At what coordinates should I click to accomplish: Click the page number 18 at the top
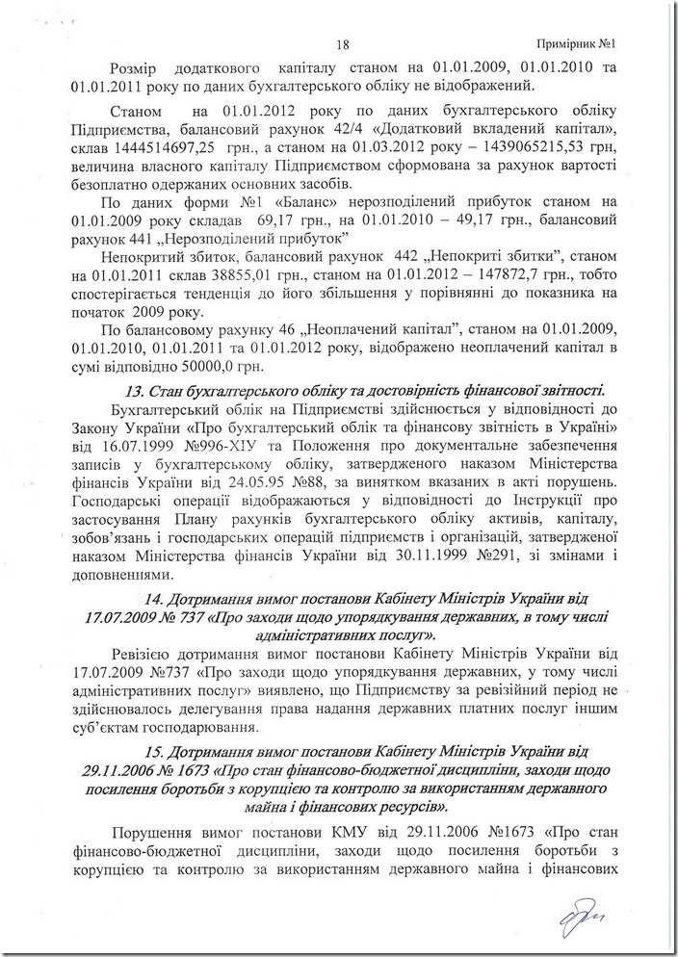click(x=341, y=43)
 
